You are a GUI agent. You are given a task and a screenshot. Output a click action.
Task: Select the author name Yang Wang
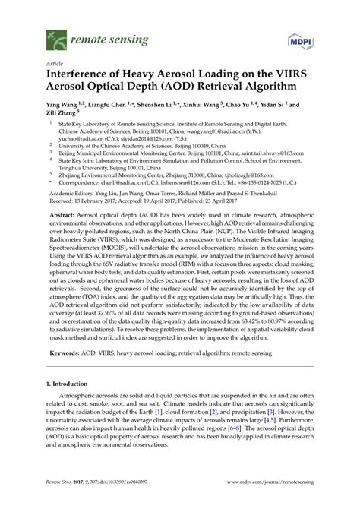64,106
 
